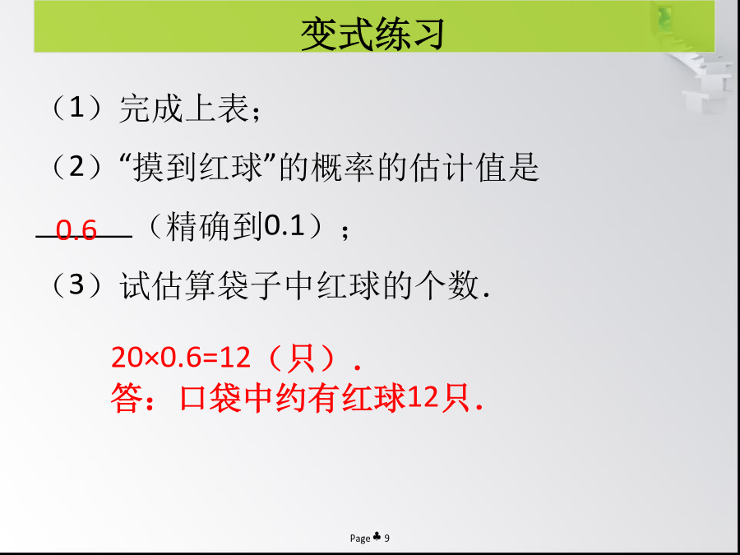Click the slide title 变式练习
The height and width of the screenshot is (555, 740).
click(372, 35)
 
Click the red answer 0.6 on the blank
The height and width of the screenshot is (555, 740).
click(76, 230)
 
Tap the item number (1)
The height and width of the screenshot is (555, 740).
click(76, 108)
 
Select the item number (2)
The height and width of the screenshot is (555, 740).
click(76, 167)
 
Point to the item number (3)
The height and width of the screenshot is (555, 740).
click(76, 284)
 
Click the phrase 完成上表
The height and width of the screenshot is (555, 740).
click(183, 109)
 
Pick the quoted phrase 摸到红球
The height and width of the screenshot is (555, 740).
click(197, 168)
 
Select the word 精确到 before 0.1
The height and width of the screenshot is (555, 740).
click(215, 227)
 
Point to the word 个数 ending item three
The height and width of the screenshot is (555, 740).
click(446, 285)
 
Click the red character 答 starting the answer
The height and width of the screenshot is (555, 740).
click(127, 398)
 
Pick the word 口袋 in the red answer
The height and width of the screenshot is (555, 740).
click(210, 398)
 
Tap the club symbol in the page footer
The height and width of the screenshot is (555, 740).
click(377, 537)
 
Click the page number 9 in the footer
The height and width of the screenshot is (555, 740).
click(386, 538)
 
